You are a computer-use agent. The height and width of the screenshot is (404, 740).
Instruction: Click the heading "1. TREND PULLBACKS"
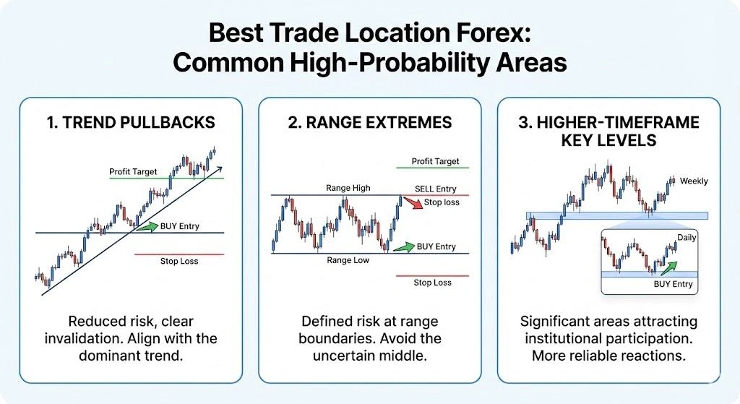pos(131,122)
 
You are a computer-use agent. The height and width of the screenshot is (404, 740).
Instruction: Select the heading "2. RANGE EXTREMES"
pos(370,122)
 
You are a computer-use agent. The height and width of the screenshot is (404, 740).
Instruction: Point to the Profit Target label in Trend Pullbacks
pos(134,172)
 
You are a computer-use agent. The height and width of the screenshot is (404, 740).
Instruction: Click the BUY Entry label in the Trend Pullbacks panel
pos(180,226)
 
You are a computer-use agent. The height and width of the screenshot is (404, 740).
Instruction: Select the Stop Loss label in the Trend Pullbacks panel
pos(179,261)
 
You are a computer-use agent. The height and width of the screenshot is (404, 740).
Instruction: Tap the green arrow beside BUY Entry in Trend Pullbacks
pos(147,227)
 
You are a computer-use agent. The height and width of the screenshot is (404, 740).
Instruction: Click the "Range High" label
pos(348,188)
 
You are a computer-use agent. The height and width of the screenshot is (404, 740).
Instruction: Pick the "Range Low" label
pos(348,260)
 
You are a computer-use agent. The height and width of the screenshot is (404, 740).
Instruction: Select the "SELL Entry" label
pos(435,189)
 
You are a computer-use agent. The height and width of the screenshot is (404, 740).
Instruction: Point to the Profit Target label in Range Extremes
pos(435,161)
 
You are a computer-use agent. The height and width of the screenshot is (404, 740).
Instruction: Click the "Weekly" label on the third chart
pos(694,181)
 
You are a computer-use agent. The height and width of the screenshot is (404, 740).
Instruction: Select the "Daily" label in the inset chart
pos(687,237)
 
